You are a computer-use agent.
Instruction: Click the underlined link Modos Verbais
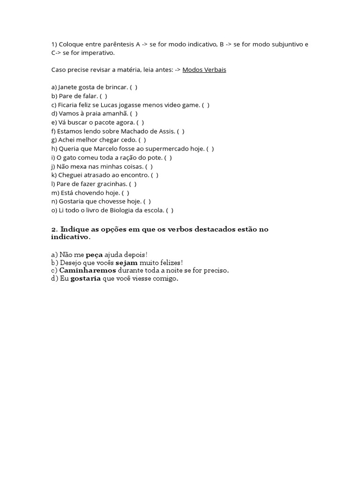coord(204,69)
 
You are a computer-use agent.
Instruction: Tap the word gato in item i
coord(72,157)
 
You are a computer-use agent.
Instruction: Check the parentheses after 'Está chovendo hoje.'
coord(126,193)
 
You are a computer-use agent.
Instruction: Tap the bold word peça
coord(93,254)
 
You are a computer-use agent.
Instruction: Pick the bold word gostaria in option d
coord(85,279)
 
